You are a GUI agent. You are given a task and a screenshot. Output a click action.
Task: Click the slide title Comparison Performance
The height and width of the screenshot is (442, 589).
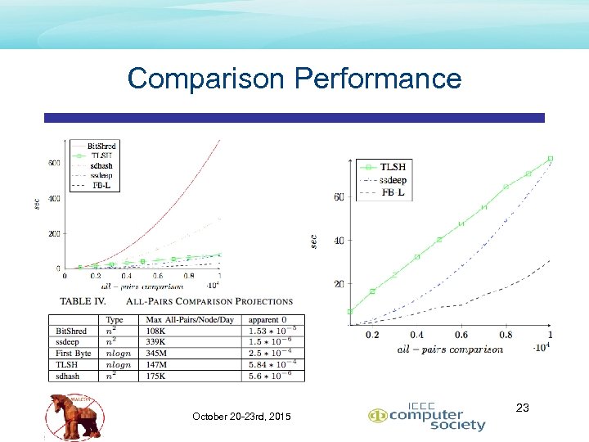pyautogui.click(x=294, y=79)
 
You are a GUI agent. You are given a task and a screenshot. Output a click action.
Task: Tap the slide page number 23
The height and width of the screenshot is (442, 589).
pyautogui.click(x=524, y=407)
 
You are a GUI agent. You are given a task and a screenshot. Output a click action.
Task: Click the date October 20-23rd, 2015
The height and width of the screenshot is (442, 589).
pyautogui.click(x=241, y=417)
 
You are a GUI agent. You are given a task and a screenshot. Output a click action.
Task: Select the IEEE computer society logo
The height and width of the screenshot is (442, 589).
pyautogui.click(x=426, y=418)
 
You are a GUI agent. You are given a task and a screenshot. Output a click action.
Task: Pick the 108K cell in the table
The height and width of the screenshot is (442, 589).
pyautogui.click(x=159, y=331)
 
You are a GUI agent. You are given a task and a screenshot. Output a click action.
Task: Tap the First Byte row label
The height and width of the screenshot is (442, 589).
pyautogui.click(x=73, y=354)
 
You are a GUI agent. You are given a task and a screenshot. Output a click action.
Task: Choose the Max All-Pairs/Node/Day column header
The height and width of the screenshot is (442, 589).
pyautogui.click(x=191, y=319)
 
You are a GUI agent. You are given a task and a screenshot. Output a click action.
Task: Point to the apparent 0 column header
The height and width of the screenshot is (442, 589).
pyautogui.click(x=269, y=319)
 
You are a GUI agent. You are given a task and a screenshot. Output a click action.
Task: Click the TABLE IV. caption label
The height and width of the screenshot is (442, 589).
pyautogui.click(x=88, y=301)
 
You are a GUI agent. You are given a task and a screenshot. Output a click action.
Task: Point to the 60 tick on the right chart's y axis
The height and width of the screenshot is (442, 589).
pyautogui.click(x=339, y=196)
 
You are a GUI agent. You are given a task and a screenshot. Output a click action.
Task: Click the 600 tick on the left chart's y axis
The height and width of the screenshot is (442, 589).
pyautogui.click(x=54, y=163)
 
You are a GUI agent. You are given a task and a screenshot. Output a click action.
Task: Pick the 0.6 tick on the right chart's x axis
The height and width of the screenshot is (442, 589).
pyautogui.click(x=461, y=335)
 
